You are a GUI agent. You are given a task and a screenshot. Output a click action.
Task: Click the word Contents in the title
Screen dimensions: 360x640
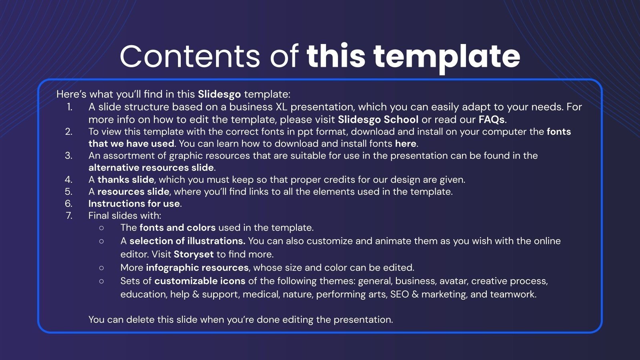click(x=190, y=56)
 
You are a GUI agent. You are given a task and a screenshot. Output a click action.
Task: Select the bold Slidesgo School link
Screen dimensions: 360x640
click(x=378, y=120)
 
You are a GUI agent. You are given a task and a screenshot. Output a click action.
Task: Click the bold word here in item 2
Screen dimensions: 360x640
click(x=406, y=144)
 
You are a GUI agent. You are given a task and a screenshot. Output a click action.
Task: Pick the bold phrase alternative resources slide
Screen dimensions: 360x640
click(x=151, y=168)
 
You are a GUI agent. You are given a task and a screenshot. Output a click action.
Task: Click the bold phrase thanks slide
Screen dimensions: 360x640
click(x=126, y=180)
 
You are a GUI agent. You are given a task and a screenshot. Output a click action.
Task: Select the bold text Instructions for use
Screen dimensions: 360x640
click(x=134, y=204)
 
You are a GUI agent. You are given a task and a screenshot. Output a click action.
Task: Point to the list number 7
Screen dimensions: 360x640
click(x=69, y=216)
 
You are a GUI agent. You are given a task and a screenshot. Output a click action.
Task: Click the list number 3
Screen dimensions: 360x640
click(x=69, y=156)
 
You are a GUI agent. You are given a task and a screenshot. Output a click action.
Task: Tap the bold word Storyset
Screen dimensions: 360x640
click(x=194, y=254)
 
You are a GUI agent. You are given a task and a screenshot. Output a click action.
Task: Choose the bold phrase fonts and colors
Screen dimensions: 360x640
click(x=177, y=228)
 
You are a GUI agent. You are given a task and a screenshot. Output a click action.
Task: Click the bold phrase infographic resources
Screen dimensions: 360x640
click(x=197, y=268)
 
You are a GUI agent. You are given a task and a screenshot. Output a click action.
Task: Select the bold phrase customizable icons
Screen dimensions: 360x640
click(x=200, y=281)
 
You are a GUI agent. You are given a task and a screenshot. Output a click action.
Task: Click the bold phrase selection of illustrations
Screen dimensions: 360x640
click(x=187, y=241)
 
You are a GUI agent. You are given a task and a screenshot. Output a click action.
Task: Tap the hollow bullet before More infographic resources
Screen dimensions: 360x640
click(x=101, y=268)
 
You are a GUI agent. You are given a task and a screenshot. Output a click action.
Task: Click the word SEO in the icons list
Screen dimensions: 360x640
click(x=399, y=294)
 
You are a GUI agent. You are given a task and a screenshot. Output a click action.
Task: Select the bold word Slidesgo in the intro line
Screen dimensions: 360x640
click(x=219, y=94)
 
